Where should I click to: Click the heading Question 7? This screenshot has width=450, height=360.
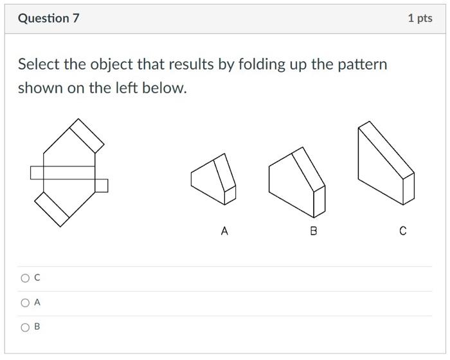pos(48,18)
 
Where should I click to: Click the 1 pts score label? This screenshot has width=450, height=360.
pos(420,18)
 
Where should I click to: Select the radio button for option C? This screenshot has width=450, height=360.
pos(25,278)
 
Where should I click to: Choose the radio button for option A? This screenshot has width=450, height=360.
pos(25,303)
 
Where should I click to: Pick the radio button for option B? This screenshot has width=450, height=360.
pos(25,327)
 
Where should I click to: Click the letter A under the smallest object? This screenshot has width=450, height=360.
pos(224,231)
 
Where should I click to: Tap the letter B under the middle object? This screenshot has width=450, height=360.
pos(314,231)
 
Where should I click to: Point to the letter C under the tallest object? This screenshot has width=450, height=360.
pos(403,231)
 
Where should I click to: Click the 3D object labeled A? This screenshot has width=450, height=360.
pos(212,180)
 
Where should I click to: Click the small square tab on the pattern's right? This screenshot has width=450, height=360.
pos(102,186)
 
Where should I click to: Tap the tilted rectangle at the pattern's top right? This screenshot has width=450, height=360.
pos(87,136)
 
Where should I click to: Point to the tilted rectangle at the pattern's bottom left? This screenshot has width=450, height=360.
pos(51,210)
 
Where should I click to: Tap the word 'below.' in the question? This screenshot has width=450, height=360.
pos(166,88)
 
